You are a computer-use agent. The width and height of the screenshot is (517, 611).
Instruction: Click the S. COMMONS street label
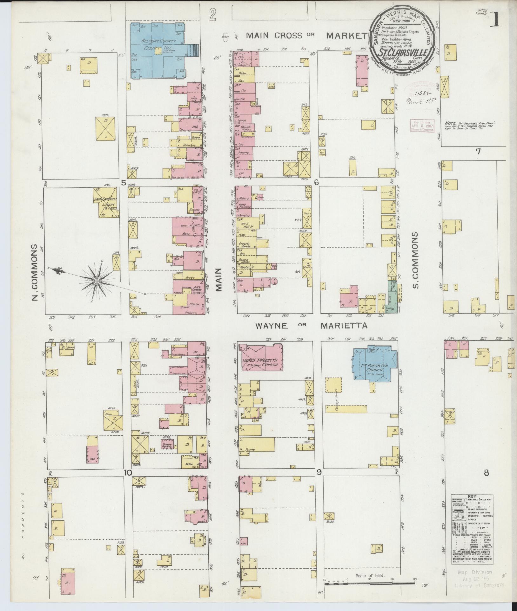tap(415, 260)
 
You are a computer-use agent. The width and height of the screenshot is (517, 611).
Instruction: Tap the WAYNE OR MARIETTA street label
tap(312, 326)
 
